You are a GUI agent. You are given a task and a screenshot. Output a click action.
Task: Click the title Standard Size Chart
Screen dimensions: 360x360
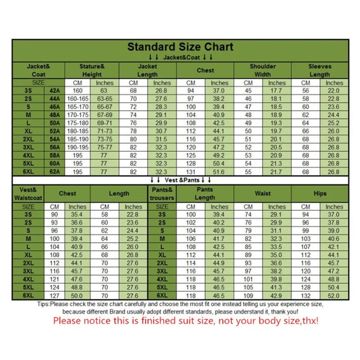(x=180, y=47)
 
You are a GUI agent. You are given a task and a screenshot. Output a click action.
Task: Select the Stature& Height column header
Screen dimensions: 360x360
(x=92, y=70)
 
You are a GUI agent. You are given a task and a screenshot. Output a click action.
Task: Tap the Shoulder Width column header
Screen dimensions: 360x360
(x=262, y=70)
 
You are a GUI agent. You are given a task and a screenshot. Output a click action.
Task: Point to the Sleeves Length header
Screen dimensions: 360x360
(x=319, y=70)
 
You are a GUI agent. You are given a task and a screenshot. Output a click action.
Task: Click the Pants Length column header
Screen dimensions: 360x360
(x=205, y=193)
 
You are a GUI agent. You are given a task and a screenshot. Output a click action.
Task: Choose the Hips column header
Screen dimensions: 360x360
(x=320, y=193)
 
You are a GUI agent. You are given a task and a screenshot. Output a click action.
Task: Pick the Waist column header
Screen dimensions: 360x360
(x=262, y=193)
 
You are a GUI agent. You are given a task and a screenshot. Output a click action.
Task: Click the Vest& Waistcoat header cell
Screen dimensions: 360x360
(x=28, y=193)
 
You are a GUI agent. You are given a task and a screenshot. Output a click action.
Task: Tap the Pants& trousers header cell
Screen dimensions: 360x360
(x=162, y=193)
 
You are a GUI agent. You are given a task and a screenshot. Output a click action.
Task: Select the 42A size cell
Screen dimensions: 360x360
(x=54, y=91)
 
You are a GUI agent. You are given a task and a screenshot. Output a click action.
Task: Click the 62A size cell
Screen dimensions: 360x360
(x=54, y=171)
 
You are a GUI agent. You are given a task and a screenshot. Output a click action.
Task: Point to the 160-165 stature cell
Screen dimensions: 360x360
(x=78, y=99)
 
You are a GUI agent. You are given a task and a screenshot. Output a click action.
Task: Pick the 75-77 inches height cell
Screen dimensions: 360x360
(x=105, y=147)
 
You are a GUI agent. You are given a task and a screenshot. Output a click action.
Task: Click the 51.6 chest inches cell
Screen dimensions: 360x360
(x=219, y=171)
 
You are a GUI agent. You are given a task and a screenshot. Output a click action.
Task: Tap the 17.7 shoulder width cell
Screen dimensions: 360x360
(x=277, y=91)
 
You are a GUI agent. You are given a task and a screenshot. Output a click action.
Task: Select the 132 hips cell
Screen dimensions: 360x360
(x=306, y=296)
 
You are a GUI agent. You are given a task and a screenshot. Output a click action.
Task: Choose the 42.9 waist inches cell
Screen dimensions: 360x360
(x=277, y=296)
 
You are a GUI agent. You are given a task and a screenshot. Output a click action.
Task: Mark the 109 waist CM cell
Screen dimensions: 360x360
(x=248, y=296)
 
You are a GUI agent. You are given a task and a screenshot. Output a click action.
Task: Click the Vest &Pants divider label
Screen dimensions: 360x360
(x=180, y=180)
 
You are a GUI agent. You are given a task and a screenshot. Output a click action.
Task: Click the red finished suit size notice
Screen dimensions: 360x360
(x=185, y=321)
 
